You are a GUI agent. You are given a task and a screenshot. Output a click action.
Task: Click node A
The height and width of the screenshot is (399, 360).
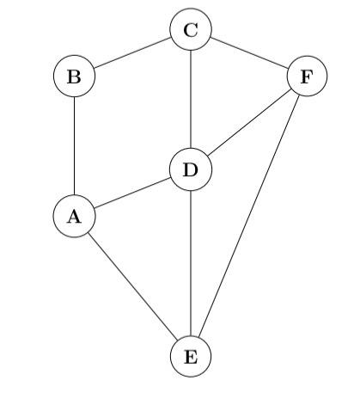pos(74,217)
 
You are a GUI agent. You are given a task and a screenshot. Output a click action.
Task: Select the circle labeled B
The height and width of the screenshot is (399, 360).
pos(74,77)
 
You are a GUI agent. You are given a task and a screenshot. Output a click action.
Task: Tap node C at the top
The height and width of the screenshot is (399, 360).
pos(191,31)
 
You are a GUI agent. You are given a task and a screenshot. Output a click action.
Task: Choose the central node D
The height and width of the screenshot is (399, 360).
pos(191,170)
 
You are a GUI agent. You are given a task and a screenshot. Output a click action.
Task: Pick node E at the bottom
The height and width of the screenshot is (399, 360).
pos(191,357)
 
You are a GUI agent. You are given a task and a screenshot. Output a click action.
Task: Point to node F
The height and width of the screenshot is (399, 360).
pos(307,77)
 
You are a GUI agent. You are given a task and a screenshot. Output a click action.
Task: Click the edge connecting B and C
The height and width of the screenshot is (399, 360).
pos(132,53)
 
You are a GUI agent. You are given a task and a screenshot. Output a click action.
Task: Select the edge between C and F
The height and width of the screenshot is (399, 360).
pos(249,53)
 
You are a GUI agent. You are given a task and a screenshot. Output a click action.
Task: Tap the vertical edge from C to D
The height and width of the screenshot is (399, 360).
pos(191,101)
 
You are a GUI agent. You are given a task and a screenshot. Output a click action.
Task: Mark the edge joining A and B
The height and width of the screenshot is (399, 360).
pos(74,146)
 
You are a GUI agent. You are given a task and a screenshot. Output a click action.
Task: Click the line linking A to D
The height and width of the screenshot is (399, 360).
pos(132,193)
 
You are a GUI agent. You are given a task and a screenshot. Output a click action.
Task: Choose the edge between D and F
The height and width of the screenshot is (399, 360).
pos(249,123)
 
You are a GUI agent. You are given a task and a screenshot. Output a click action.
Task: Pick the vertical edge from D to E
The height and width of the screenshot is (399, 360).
pos(191,263)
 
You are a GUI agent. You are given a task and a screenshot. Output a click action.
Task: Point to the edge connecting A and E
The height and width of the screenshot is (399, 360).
pos(132,287)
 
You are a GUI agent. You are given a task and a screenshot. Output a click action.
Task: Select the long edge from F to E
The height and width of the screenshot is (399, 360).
pos(249,217)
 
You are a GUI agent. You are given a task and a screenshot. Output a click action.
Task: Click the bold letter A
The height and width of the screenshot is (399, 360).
pos(74,217)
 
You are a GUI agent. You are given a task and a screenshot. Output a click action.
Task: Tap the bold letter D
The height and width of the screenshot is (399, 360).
pos(191,170)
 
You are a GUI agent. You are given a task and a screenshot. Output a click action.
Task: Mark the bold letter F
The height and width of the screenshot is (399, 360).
pos(307,77)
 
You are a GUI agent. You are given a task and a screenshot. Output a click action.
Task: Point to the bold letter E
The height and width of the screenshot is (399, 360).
pos(191,357)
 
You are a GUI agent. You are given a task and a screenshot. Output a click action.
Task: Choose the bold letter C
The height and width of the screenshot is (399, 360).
pos(191,31)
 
